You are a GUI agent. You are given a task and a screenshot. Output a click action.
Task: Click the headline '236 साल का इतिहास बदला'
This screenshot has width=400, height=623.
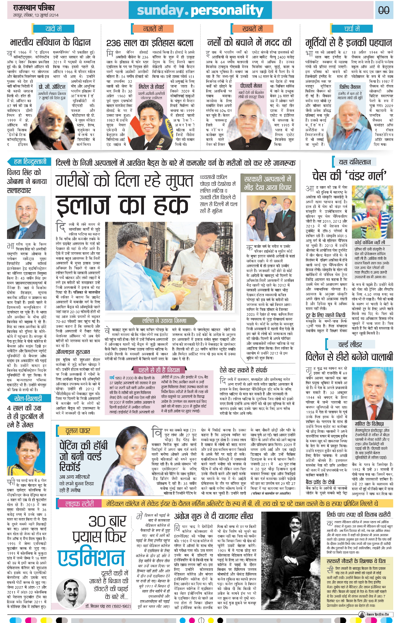pos(150,43)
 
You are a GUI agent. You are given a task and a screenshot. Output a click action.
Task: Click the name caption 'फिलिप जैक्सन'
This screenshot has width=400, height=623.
pos(350,87)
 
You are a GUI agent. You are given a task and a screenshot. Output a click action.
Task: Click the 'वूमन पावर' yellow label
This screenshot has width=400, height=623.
pos(78,431)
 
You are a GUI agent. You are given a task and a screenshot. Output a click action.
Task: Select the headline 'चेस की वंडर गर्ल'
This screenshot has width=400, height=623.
pos(350,176)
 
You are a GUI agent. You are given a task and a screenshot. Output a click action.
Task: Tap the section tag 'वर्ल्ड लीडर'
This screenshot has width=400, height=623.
pos(350,345)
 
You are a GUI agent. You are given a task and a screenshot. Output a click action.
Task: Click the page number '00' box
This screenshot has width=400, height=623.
pos(383,10)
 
